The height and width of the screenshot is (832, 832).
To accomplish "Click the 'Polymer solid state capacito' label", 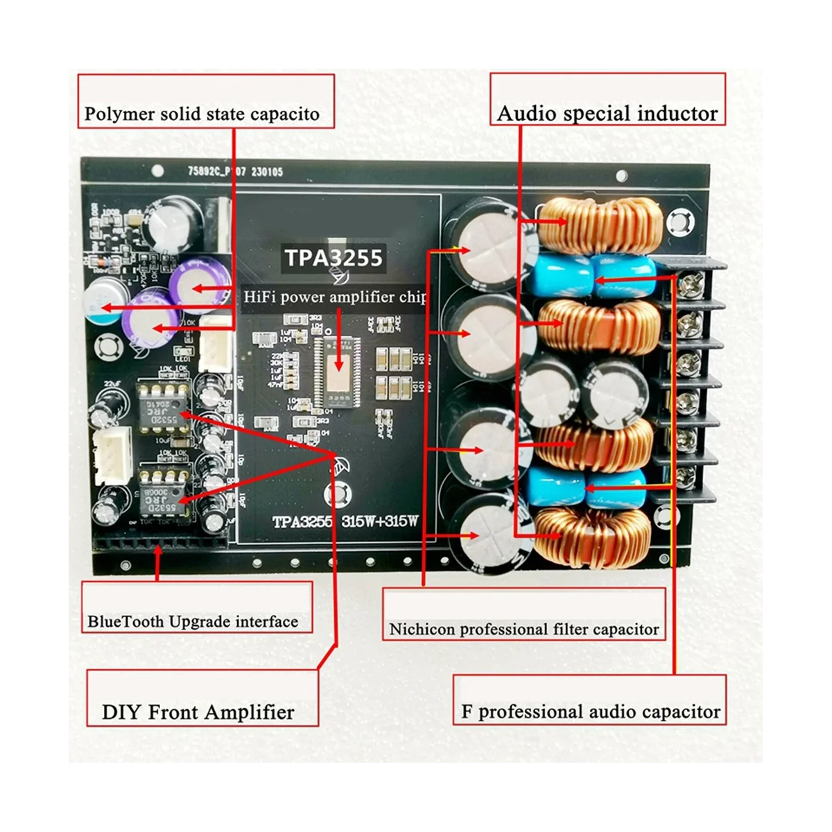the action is point(202,114).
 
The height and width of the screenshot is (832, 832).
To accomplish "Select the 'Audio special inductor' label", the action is point(607,113).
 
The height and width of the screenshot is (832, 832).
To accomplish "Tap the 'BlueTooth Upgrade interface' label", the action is point(193,621).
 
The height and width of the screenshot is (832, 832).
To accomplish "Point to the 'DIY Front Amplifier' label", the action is point(198,712).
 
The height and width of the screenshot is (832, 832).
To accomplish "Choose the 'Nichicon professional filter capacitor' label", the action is point(523,630).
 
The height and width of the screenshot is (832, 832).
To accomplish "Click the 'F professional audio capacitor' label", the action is point(591,712).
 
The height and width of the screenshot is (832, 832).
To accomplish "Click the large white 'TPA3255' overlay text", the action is point(333,258).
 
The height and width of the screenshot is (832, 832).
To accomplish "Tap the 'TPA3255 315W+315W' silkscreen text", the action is point(345,521).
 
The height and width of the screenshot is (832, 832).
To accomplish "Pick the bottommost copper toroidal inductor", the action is point(594,537).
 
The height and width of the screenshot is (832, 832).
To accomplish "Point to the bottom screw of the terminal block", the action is point(686,476).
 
